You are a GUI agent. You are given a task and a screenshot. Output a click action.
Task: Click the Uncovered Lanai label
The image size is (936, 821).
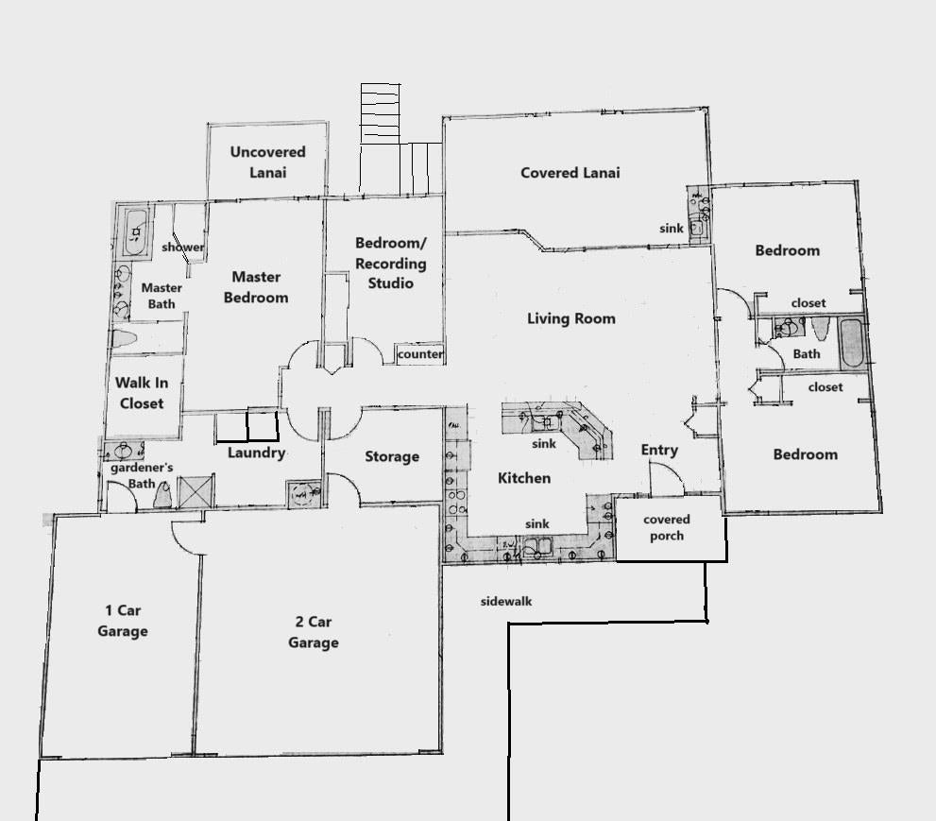pyautogui.click(x=267, y=162)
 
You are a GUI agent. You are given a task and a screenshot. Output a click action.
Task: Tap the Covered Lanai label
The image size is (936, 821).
pyautogui.click(x=570, y=173)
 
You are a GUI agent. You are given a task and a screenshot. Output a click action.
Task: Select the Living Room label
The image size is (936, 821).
pyautogui.click(x=570, y=318)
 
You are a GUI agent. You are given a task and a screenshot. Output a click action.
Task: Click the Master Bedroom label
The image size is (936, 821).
pyautogui.click(x=256, y=287)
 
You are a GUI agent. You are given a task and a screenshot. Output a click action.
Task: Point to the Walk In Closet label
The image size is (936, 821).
pyautogui.click(x=141, y=393)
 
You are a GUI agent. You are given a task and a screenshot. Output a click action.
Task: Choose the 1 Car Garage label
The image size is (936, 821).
pyautogui.click(x=122, y=621)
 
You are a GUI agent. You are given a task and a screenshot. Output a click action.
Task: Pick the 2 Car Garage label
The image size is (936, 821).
pyautogui.click(x=313, y=632)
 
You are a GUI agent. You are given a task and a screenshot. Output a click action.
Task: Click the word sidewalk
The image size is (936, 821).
pyautogui.click(x=506, y=601)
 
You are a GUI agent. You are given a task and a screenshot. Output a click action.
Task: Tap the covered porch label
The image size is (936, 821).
pyautogui.click(x=667, y=527)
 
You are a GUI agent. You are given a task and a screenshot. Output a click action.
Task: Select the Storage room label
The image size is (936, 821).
pyautogui.click(x=392, y=456)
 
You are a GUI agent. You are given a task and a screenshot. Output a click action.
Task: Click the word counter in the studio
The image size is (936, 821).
pyautogui.click(x=420, y=354)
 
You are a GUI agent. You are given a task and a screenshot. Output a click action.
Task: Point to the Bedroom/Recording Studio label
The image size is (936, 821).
pyautogui.click(x=390, y=265)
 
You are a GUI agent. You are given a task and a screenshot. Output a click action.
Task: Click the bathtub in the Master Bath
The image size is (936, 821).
pyautogui.click(x=137, y=231)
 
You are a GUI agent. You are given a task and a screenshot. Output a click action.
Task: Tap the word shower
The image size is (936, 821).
pyautogui.click(x=182, y=248)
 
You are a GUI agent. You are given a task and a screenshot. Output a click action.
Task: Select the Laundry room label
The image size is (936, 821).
pyautogui.click(x=256, y=453)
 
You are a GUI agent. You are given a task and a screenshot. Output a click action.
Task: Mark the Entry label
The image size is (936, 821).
pyautogui.click(x=659, y=450)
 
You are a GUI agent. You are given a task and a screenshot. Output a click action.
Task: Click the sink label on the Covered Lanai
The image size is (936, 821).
pyautogui.click(x=672, y=229)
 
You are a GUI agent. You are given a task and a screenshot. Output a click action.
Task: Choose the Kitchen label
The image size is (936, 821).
pyautogui.click(x=523, y=478)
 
